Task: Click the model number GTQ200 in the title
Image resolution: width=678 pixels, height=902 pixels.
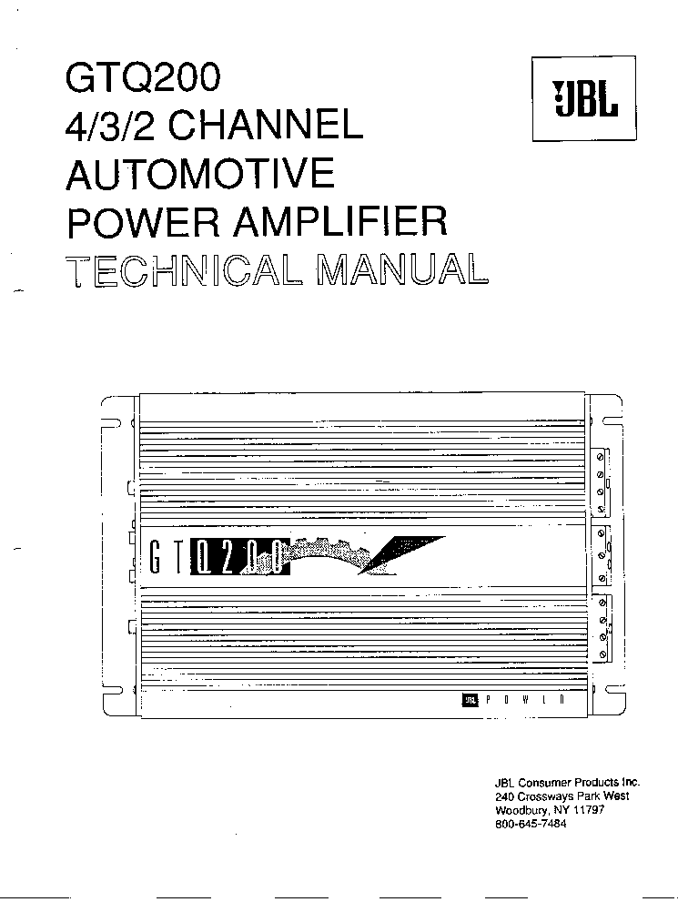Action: pos(143,79)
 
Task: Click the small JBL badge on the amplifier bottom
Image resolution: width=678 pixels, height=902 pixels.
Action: pos(470,700)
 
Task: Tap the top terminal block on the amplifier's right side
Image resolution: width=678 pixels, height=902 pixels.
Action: pos(602,479)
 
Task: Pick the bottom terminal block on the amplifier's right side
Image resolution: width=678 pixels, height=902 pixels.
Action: pos(602,629)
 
